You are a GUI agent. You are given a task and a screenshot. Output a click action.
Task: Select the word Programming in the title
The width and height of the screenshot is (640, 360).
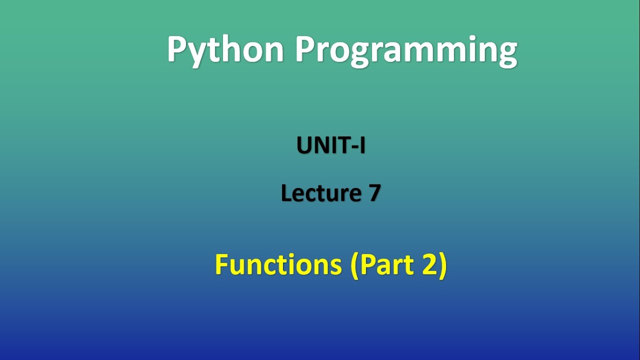pyautogui.click(x=405, y=50)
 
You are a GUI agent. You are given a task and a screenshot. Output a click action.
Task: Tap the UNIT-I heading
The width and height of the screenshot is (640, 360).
pyautogui.click(x=331, y=145)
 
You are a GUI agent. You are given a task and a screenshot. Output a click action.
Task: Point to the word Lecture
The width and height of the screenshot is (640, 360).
pyautogui.click(x=320, y=193)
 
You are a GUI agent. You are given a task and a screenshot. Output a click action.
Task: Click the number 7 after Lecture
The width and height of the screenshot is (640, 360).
pyautogui.click(x=374, y=193)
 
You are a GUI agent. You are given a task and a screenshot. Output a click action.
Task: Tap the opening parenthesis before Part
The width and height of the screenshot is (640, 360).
pyautogui.click(x=355, y=265)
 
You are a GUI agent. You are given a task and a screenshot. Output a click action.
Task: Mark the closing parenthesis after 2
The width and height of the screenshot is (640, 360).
pyautogui.click(x=442, y=265)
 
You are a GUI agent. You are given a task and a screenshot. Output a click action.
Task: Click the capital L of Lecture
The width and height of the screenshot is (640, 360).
pyautogui.click(x=285, y=193)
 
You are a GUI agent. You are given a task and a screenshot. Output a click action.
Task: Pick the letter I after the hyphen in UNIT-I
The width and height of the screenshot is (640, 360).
pyautogui.click(x=362, y=145)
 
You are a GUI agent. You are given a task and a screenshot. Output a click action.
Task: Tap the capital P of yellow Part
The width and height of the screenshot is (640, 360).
pyautogui.click(x=366, y=265)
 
